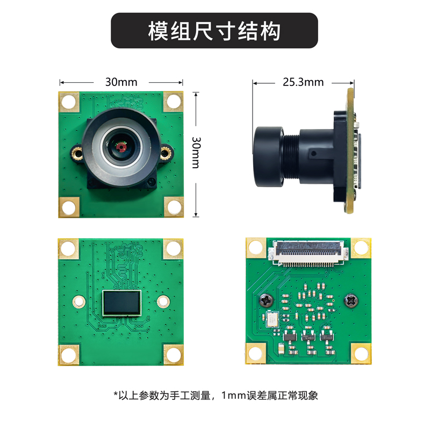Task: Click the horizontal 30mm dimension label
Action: click(121, 82)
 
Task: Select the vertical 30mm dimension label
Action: click(196, 152)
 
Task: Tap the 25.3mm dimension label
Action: click(303, 82)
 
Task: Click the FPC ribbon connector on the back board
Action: click(309, 252)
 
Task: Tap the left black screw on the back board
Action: click(266, 301)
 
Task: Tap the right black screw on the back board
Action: click(352, 301)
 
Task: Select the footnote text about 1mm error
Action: click(215, 396)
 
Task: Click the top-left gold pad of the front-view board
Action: click(69, 101)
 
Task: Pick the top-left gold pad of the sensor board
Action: click(68, 248)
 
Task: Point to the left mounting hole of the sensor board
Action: click(78, 302)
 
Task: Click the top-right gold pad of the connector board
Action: click(362, 247)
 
